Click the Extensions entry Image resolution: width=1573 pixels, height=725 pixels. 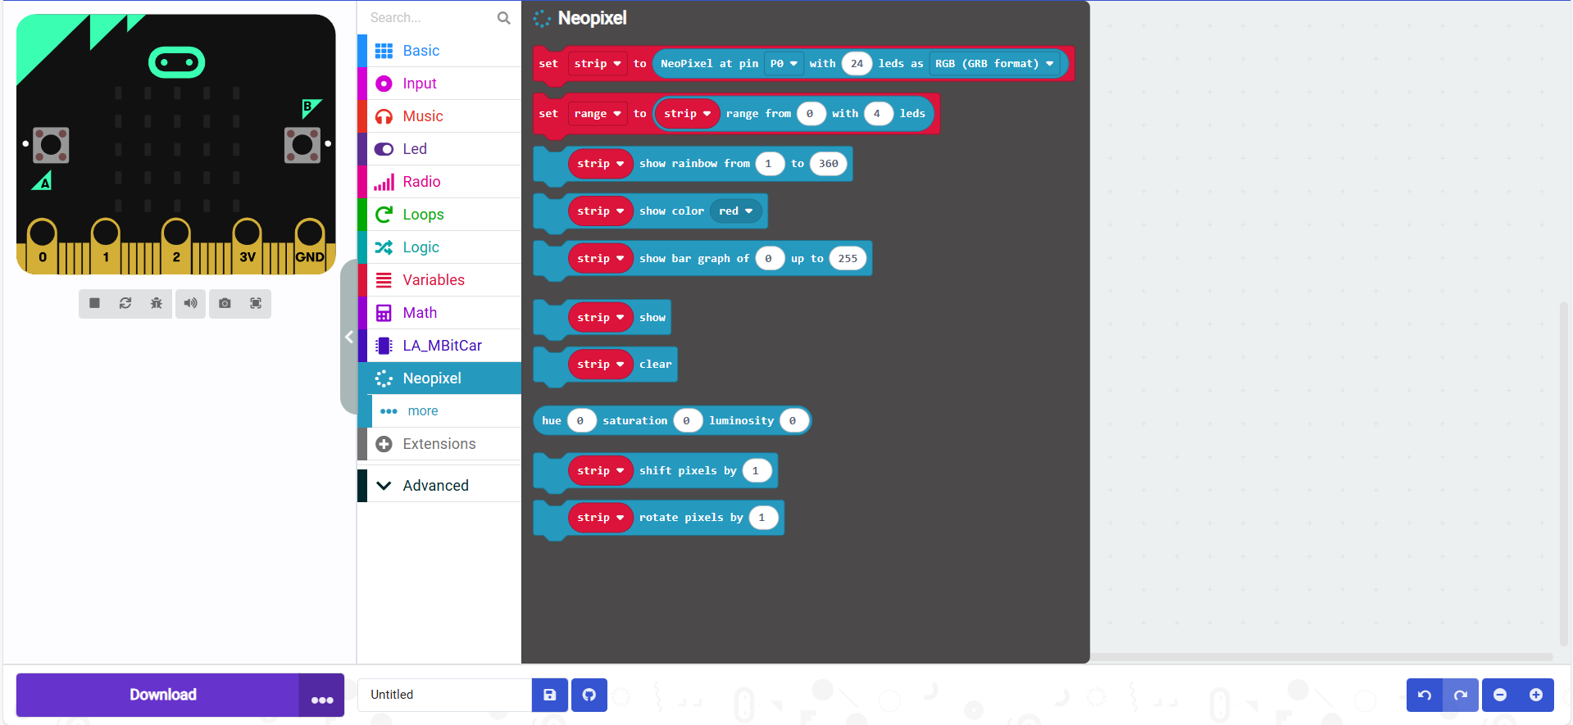click(x=439, y=444)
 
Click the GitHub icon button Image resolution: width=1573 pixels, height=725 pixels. click(x=589, y=695)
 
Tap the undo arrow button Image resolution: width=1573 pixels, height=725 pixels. click(x=1425, y=695)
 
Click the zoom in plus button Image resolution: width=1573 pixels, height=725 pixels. click(x=1536, y=695)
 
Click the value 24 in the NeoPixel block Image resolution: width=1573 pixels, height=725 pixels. click(x=857, y=64)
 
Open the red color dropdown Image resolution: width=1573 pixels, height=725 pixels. click(x=736, y=211)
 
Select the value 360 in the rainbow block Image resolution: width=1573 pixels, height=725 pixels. click(x=828, y=164)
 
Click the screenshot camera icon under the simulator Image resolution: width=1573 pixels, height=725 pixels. click(x=225, y=303)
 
